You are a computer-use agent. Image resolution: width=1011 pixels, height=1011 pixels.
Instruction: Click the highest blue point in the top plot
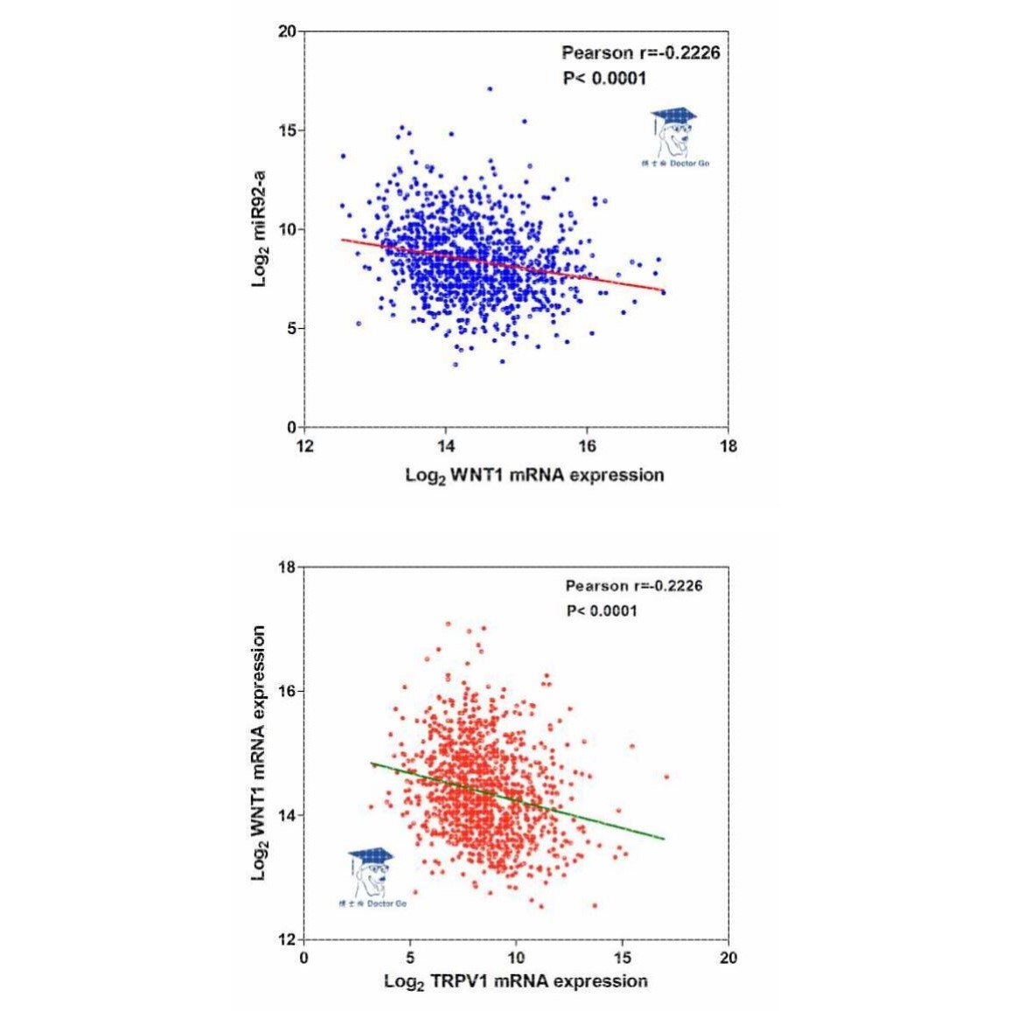[x=490, y=88]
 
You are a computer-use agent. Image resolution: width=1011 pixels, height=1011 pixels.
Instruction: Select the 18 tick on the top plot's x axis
[x=728, y=447]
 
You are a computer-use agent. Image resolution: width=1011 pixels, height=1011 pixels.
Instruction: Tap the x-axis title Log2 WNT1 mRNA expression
[x=534, y=475]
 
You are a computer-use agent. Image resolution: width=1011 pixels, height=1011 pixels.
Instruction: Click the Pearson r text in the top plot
[x=640, y=53]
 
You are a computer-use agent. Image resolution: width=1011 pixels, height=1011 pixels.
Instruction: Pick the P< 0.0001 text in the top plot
[x=604, y=79]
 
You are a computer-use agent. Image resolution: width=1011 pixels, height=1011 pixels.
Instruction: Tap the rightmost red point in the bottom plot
[x=666, y=776]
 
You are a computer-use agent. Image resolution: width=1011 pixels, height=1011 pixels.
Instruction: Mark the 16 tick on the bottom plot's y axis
[x=286, y=691]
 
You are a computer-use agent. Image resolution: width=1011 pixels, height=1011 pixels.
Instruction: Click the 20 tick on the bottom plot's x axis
[x=728, y=959]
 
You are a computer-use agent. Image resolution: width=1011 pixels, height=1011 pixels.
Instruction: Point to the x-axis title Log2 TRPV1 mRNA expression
[x=516, y=981]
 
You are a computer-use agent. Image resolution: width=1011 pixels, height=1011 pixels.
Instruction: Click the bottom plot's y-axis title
[x=260, y=753]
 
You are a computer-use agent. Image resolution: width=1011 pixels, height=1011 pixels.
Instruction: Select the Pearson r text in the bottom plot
[x=633, y=586]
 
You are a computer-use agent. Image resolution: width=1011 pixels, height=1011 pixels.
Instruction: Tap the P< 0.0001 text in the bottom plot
[x=602, y=610]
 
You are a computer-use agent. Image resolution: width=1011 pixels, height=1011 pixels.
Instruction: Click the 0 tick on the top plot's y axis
[x=290, y=428]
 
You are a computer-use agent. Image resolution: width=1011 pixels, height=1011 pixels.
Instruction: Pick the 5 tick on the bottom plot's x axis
[x=409, y=959]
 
